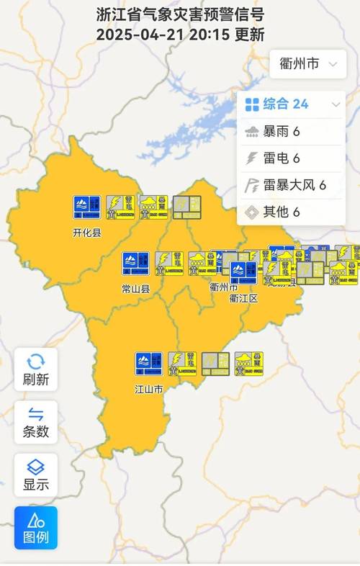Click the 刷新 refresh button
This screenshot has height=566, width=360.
(36, 369)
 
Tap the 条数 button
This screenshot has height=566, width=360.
(36, 422)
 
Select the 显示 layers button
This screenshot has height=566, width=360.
(36, 475)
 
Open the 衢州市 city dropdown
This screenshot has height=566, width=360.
(307, 64)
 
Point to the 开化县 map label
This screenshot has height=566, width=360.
(87, 233)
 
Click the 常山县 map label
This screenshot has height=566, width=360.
(135, 289)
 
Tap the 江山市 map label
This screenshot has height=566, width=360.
(149, 390)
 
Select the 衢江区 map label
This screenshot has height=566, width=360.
(243, 297)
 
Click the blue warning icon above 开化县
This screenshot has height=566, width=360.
(87, 207)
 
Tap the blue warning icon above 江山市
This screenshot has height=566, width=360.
(148, 364)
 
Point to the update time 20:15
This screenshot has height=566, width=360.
(211, 34)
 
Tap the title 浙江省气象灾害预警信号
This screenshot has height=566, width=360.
(180, 14)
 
